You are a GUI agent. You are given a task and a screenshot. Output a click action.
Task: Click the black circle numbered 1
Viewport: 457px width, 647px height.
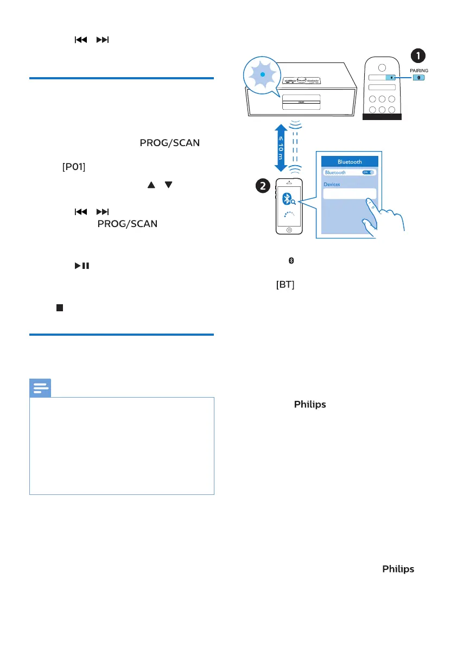417,55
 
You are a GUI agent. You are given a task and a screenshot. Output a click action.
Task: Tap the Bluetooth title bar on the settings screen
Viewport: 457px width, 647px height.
350,161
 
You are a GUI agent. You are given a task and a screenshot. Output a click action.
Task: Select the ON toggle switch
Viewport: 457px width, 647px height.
369,172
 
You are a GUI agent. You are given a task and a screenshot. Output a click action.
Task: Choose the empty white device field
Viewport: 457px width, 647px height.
350,194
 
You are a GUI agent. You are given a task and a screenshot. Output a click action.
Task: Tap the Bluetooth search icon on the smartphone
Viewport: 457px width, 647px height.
291,199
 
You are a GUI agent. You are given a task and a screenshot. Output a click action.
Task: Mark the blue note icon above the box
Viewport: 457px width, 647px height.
40,387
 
